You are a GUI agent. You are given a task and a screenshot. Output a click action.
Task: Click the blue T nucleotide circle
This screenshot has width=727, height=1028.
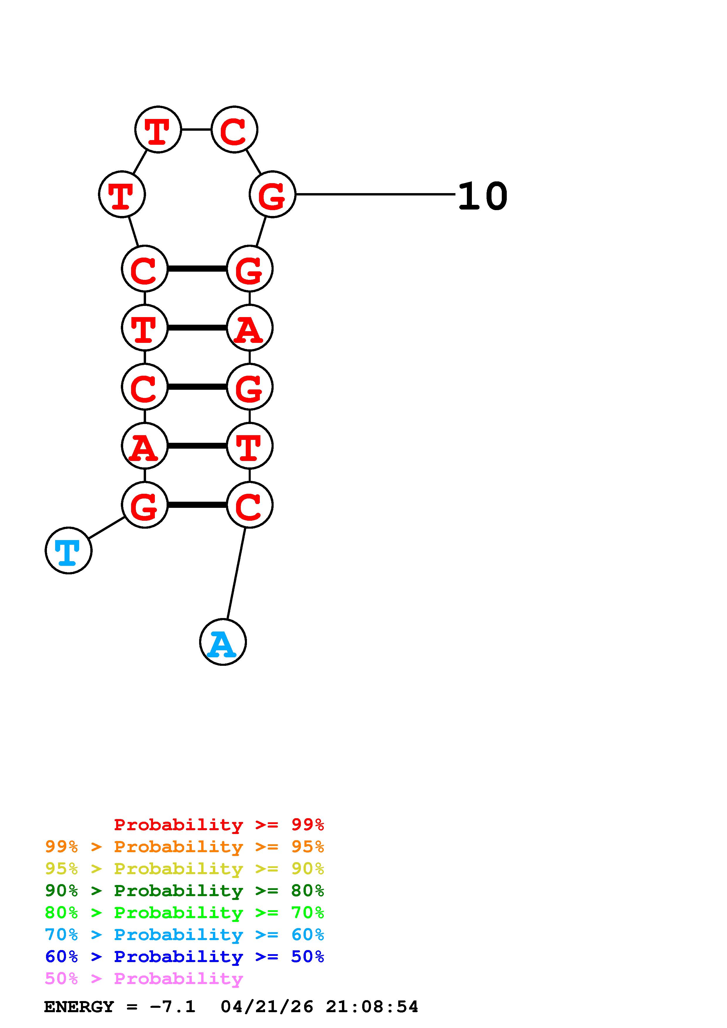click(69, 550)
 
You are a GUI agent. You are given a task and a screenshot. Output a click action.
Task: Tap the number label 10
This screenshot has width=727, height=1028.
click(482, 196)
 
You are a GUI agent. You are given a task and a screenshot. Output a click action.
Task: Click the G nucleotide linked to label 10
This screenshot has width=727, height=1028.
click(272, 194)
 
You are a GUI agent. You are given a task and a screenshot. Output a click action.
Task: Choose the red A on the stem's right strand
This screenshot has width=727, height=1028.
click(250, 328)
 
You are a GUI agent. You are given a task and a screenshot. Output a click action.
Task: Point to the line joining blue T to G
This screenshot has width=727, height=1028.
click(107, 527)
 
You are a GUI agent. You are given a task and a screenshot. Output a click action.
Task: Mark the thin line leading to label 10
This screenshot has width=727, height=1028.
click(375, 194)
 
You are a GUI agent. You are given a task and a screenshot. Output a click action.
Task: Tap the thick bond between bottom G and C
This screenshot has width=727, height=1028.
click(197, 505)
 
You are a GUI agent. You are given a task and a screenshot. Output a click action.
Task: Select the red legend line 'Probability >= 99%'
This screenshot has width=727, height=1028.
click(218, 825)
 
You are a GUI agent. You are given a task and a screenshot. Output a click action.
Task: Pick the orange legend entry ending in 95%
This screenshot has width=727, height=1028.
click(184, 847)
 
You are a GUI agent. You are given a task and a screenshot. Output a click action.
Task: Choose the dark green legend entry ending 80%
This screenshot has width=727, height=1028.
click(184, 891)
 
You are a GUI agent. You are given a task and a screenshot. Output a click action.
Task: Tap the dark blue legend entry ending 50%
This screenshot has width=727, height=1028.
click(184, 956)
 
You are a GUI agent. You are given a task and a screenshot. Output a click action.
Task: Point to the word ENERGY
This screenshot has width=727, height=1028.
click(79, 1007)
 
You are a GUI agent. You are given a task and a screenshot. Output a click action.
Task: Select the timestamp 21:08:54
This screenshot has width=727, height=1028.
click(372, 1007)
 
